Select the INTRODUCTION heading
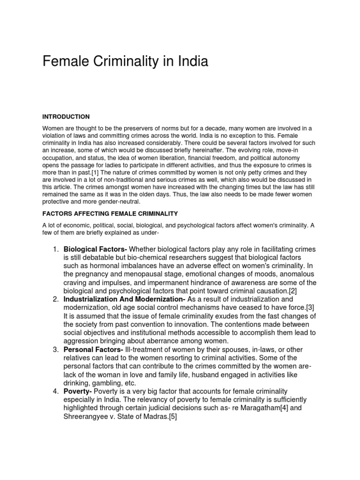(66, 117)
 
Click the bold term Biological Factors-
(96, 249)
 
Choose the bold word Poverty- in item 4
(78, 391)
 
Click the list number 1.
(54, 249)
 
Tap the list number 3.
(54, 350)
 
